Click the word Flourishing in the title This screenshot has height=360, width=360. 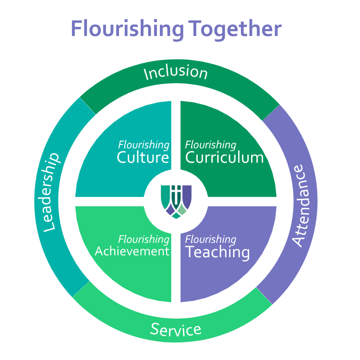[127, 29]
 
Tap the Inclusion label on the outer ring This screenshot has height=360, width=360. [176, 72]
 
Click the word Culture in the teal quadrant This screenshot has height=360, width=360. [143, 157]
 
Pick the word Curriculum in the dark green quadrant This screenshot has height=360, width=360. [224, 157]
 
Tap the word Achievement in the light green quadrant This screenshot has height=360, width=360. [132, 251]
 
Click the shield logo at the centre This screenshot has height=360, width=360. [176, 200]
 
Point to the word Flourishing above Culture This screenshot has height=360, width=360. [144, 144]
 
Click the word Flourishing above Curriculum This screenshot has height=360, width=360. [211, 144]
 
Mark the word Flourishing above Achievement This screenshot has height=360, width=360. [144, 239]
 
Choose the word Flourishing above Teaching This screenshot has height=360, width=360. [211, 239]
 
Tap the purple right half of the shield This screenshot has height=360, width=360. [186, 194]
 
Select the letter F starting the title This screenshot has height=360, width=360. [77, 29]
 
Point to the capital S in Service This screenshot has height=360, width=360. [155, 329]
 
